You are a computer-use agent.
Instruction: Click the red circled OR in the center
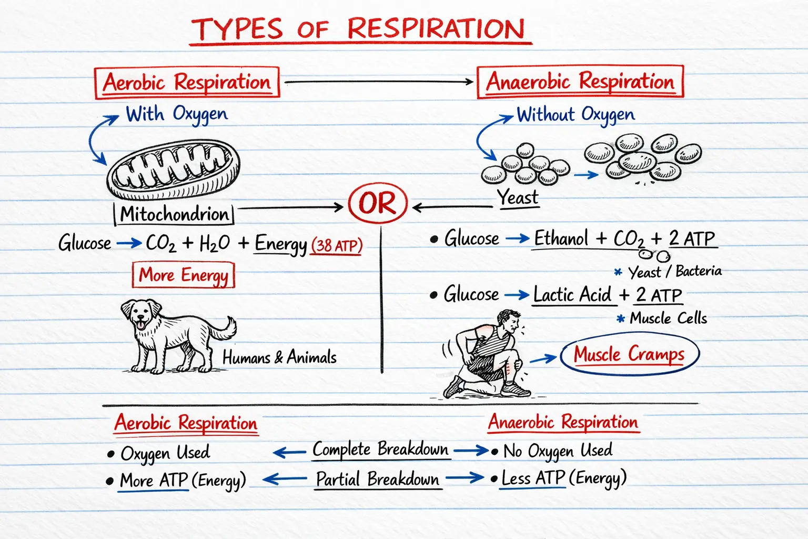(378, 203)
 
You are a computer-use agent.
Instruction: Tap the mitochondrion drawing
(173, 169)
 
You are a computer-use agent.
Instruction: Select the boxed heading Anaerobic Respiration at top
(580, 82)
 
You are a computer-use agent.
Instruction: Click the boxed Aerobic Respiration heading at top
(187, 82)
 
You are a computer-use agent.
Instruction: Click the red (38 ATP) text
(336, 245)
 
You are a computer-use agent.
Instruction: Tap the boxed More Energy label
(183, 275)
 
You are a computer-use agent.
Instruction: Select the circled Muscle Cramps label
(629, 354)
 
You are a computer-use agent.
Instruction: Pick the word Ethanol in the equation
(561, 238)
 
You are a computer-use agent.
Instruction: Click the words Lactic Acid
(572, 294)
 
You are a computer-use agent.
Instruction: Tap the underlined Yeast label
(518, 197)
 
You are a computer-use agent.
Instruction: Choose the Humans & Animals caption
(279, 357)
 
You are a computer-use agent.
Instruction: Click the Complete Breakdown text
(380, 450)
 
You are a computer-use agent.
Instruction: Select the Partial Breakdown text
(377, 479)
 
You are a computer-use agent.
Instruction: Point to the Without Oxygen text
(575, 115)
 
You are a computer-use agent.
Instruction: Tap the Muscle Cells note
(668, 318)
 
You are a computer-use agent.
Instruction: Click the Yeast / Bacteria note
(675, 272)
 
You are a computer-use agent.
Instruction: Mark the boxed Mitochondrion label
(174, 214)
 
